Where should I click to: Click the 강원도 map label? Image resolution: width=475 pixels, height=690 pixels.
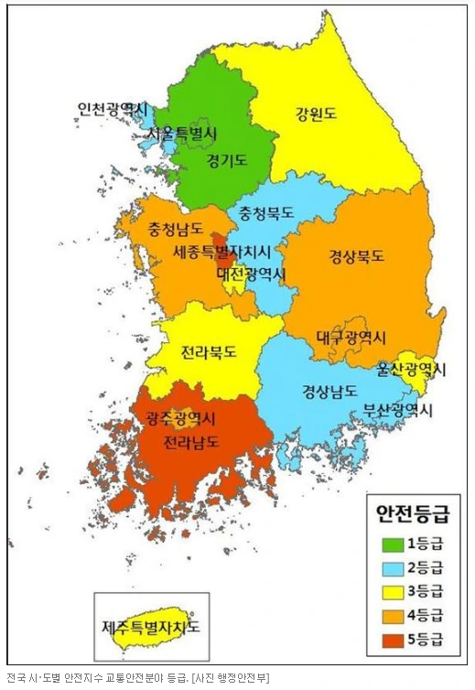[x=315, y=115]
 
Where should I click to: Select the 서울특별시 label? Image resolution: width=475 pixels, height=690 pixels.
[x=182, y=135]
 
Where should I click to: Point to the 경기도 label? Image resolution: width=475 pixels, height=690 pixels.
[x=226, y=160]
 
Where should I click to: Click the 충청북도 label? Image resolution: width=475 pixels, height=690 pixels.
[x=266, y=212]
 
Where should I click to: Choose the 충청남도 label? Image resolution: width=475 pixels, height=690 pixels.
[x=162, y=229]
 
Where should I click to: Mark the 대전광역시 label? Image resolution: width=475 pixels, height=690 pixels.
[x=251, y=274]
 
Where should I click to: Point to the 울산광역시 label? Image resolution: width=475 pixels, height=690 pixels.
[x=411, y=370]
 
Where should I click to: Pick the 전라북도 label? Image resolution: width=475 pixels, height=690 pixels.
[x=209, y=350]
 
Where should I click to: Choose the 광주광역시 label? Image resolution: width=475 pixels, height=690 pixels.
[x=179, y=419]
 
